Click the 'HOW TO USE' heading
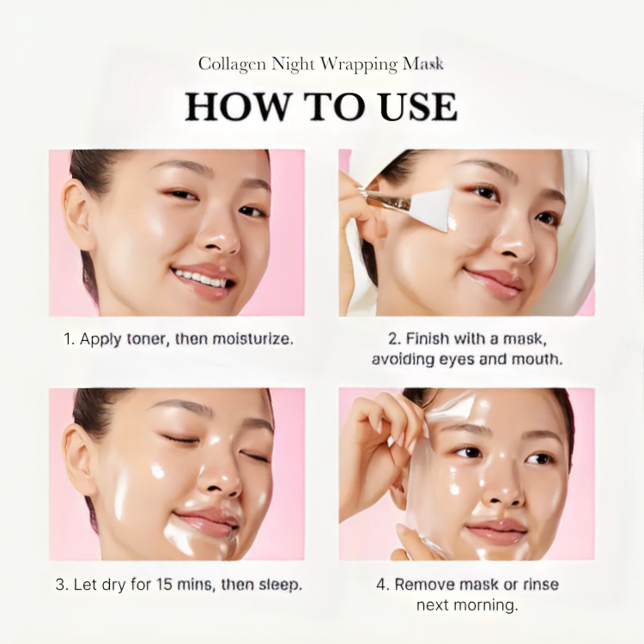pyautogui.click(x=321, y=106)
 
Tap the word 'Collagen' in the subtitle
pyautogui.click(x=228, y=64)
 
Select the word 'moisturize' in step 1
pyautogui.click(x=249, y=338)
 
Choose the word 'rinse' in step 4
pyautogui.click(x=539, y=585)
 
